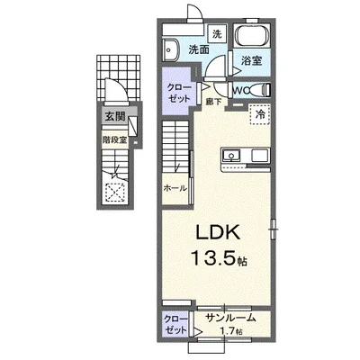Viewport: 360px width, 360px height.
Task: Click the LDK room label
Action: (x=218, y=232)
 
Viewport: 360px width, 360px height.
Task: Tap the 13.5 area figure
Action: (x=211, y=258)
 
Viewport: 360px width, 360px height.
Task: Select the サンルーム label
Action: (x=231, y=318)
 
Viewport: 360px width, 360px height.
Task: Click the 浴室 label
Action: (x=252, y=60)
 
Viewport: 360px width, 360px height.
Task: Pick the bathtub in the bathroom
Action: (x=252, y=36)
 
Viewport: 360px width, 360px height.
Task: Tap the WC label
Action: (x=240, y=90)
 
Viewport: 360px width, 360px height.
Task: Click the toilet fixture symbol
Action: (x=260, y=90)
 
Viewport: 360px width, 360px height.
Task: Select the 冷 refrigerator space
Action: (x=260, y=114)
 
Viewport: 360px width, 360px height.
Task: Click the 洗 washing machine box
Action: (x=217, y=33)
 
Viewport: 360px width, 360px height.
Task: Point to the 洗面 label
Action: (x=199, y=49)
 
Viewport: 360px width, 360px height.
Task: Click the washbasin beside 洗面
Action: (x=170, y=49)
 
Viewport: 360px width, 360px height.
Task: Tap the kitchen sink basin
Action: (x=231, y=156)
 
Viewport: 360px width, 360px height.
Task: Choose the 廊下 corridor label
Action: (x=213, y=102)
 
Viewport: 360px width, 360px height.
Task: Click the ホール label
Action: (x=175, y=188)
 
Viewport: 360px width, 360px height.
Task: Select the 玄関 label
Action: (x=115, y=116)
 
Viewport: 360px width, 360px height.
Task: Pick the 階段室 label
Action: (x=114, y=140)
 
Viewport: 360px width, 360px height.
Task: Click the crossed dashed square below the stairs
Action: (x=115, y=192)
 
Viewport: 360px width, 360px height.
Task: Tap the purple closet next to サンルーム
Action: (x=175, y=325)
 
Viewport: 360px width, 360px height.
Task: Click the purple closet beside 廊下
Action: (x=178, y=91)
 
